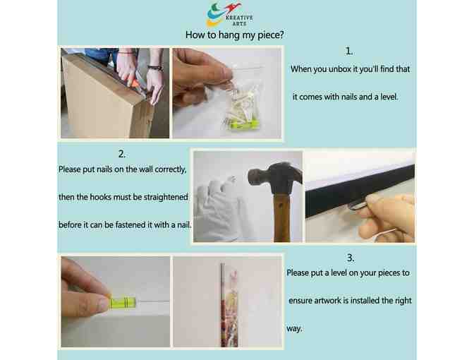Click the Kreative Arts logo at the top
point(230,15)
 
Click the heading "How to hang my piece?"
point(235,35)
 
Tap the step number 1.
point(349,51)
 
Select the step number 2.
point(122,154)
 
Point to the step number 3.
point(351,258)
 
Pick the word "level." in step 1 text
point(389,97)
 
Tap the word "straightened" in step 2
point(166,197)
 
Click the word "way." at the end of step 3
point(294,328)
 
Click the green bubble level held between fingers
point(123,302)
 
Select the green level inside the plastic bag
point(245,124)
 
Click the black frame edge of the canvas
point(360,191)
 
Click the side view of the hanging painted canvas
point(229,305)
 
